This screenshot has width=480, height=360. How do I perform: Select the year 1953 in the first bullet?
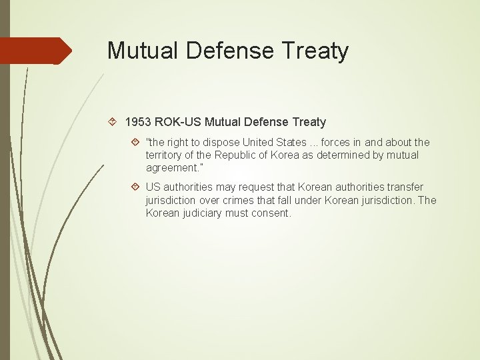(x=138, y=122)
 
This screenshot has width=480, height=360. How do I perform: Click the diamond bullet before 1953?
(x=113, y=122)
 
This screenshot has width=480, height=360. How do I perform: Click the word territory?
(x=165, y=155)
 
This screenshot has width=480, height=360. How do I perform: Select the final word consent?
(x=271, y=213)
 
